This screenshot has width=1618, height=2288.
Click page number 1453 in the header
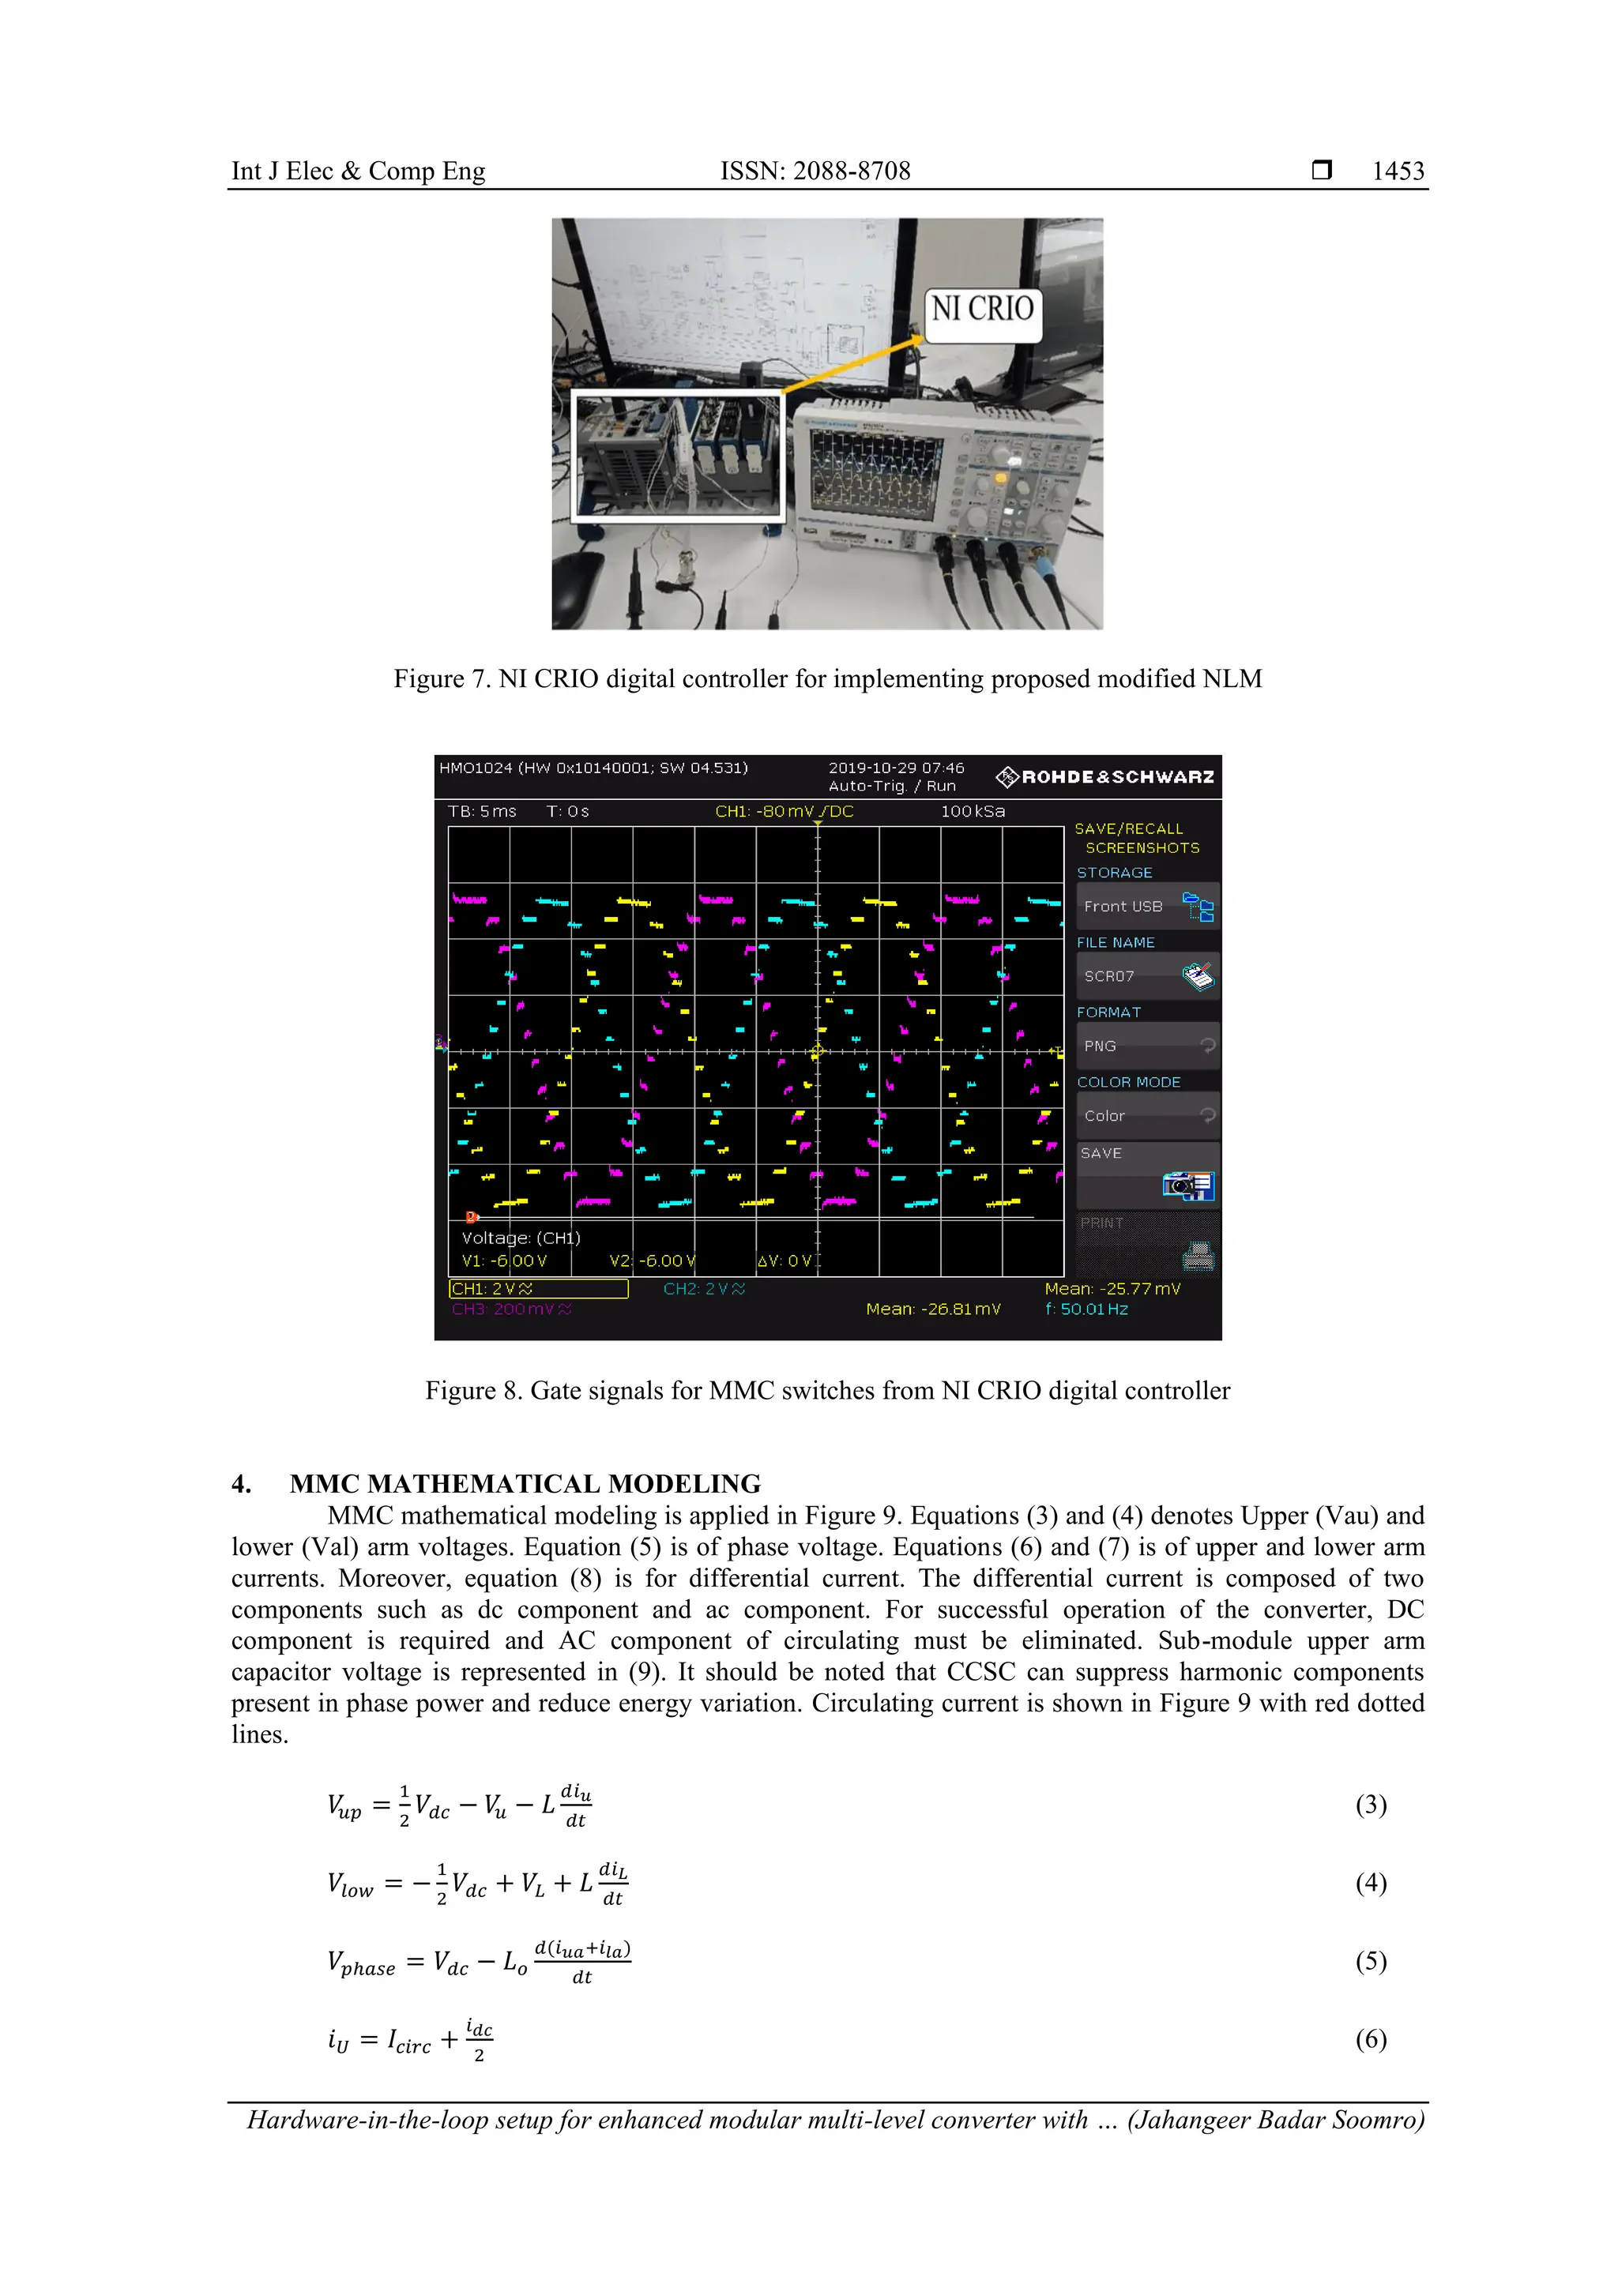(x=1398, y=171)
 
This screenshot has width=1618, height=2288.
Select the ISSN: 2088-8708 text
(x=815, y=171)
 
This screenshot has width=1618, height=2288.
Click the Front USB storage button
(x=1146, y=906)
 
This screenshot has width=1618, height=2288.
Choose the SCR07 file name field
(x=1146, y=975)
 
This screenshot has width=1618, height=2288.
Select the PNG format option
(x=1146, y=1046)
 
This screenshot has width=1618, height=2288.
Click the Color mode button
(x=1146, y=1115)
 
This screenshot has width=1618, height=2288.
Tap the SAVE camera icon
(x=1187, y=1185)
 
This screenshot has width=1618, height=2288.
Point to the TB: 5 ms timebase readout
(x=483, y=811)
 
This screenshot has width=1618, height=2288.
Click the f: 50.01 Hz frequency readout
(x=1086, y=1309)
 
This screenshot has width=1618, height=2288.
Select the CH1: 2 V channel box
(x=538, y=1288)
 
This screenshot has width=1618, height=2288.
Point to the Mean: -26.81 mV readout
(x=932, y=1309)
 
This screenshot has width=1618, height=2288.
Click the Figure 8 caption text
(x=827, y=1390)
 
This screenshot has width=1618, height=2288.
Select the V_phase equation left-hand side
(x=361, y=1961)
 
